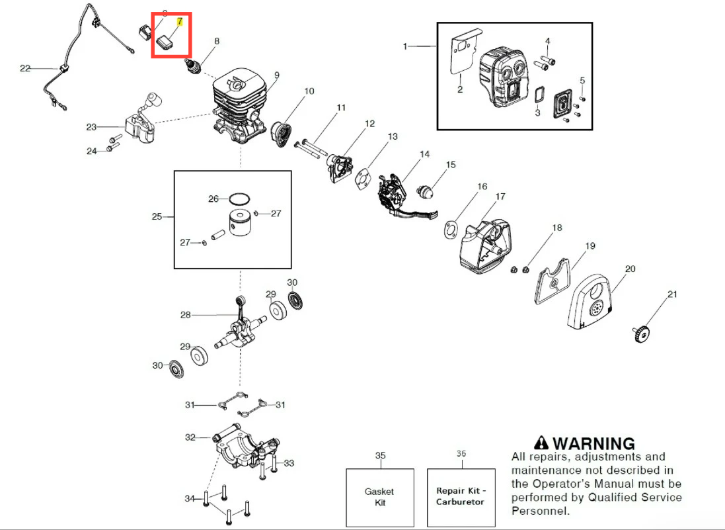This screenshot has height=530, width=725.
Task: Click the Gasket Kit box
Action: click(x=380, y=497)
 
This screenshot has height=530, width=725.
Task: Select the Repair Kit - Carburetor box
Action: click(x=461, y=497)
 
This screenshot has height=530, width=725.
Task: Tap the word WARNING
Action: click(x=593, y=443)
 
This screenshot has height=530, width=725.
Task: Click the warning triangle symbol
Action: click(x=542, y=443)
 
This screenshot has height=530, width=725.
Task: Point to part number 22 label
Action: click(x=25, y=68)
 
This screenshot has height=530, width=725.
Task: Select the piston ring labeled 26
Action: click(x=239, y=199)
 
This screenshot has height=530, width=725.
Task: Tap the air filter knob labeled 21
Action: click(x=640, y=333)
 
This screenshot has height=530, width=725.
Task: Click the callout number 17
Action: click(x=500, y=197)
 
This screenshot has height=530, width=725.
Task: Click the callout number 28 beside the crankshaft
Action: click(x=185, y=315)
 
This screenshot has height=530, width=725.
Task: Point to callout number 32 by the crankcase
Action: click(x=190, y=437)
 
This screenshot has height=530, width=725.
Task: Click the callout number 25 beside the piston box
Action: click(x=157, y=216)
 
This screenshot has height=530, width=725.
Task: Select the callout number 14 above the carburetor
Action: click(x=424, y=154)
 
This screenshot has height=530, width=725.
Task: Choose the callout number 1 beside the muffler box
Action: click(x=405, y=46)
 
